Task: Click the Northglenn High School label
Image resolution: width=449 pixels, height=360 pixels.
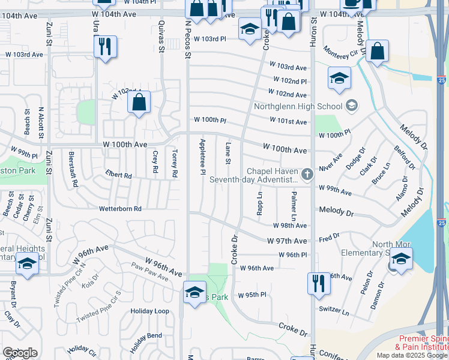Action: pos(298,107)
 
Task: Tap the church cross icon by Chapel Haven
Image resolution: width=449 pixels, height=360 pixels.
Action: pos(307,174)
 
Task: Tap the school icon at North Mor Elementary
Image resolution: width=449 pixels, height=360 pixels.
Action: pos(400,259)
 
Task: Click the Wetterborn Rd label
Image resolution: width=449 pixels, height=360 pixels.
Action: pos(120,209)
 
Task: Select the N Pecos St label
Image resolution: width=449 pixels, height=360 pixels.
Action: pos(188,38)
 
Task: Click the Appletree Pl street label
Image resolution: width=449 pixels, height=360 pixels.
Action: pos(202,158)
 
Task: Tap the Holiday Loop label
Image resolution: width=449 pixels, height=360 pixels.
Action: pos(150,311)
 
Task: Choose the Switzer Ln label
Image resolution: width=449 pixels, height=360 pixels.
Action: pos(334,312)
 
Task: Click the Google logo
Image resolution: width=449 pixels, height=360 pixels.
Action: pos(20,353)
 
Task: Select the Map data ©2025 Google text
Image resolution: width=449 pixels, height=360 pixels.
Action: pos(412,355)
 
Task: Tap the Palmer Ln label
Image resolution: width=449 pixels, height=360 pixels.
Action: pos(294,206)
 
